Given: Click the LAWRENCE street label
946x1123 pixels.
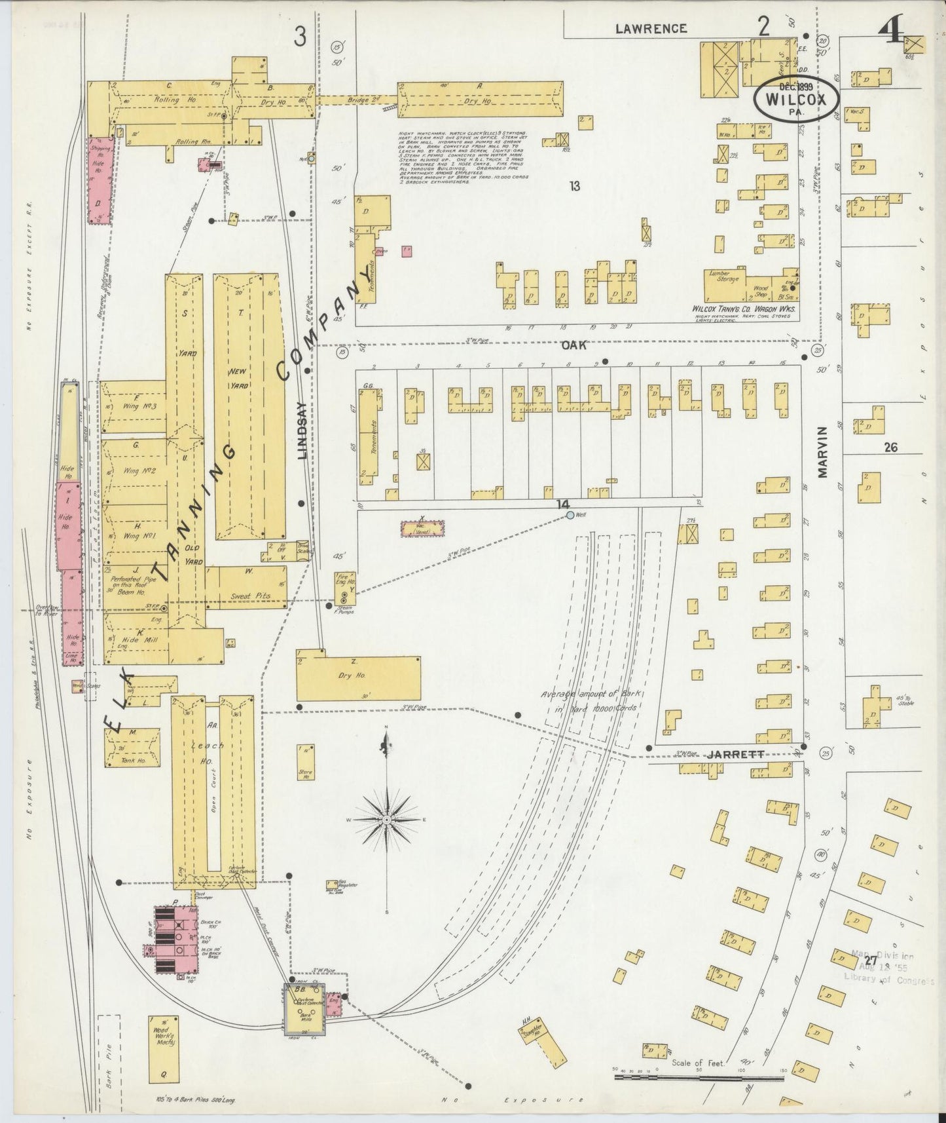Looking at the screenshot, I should click(651, 28).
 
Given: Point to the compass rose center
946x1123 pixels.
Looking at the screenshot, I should click(387, 820).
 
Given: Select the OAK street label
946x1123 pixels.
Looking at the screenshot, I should click(573, 345).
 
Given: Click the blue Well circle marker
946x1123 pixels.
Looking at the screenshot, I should click(570, 516).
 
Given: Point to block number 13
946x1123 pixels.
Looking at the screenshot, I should click(574, 187).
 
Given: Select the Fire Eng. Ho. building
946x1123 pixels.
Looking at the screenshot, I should click(345, 587).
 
